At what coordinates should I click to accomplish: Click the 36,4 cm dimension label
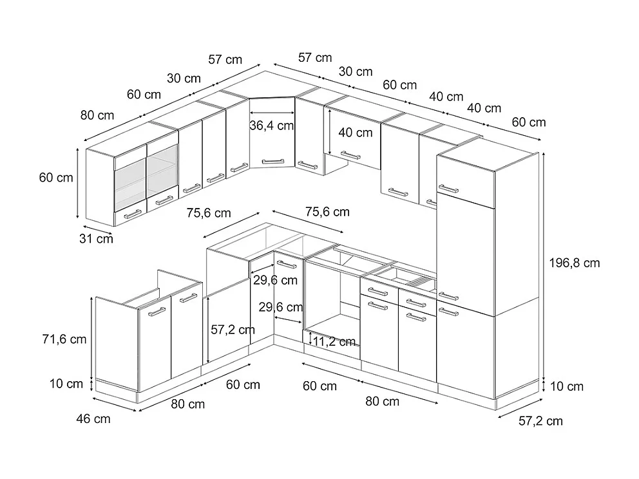[272, 126]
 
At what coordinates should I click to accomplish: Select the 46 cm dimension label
[93, 419]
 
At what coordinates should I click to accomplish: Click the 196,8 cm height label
[575, 263]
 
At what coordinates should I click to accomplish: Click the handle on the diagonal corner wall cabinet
[272, 160]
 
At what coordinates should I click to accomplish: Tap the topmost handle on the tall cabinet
[448, 189]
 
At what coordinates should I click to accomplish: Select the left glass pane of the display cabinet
[130, 180]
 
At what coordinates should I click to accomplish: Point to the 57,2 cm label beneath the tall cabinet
[540, 421]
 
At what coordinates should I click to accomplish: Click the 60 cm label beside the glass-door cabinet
[56, 178]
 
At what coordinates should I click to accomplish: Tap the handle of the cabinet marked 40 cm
[350, 155]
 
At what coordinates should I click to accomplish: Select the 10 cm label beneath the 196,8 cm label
[567, 386]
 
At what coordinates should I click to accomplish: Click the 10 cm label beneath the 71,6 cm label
[67, 384]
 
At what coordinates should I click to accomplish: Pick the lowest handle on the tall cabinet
[448, 312]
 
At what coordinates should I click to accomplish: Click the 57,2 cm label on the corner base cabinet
[233, 330]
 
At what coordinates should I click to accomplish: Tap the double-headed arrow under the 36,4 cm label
[272, 136]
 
